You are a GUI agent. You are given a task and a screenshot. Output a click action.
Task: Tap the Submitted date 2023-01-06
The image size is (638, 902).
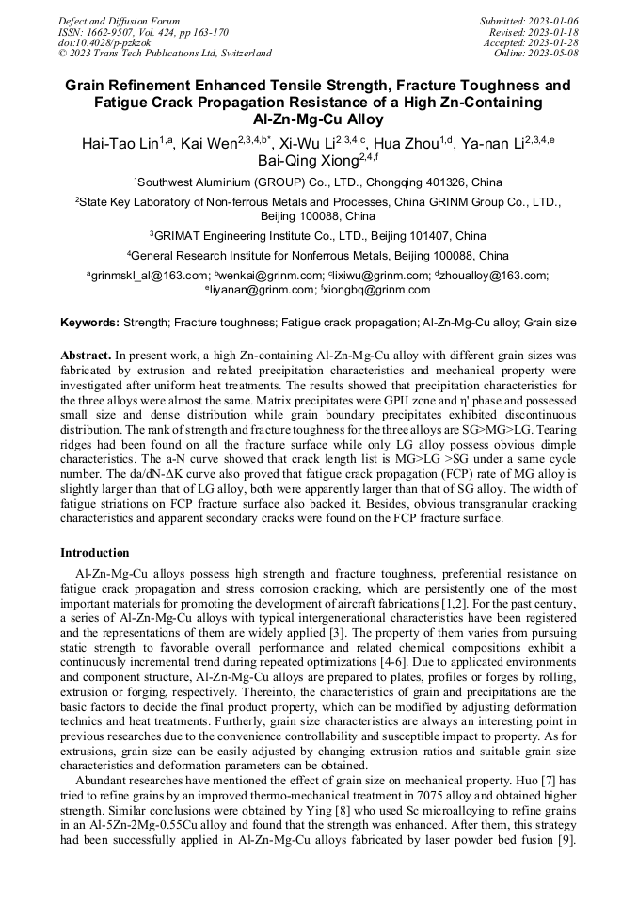click(x=554, y=20)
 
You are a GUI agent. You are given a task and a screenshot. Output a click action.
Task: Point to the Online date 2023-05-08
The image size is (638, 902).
click(x=554, y=54)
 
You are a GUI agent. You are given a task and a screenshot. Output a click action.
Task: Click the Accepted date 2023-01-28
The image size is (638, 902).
click(x=554, y=42)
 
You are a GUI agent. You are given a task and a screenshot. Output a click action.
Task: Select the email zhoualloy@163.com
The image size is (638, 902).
click(x=494, y=276)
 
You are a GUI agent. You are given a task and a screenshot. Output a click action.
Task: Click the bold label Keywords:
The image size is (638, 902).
click(x=89, y=323)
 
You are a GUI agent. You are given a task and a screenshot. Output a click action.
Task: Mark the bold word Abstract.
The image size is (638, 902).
click(x=86, y=356)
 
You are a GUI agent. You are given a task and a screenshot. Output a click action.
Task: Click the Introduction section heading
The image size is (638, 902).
click(x=94, y=552)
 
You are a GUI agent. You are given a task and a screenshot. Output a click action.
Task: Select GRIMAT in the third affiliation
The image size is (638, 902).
click(x=187, y=235)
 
